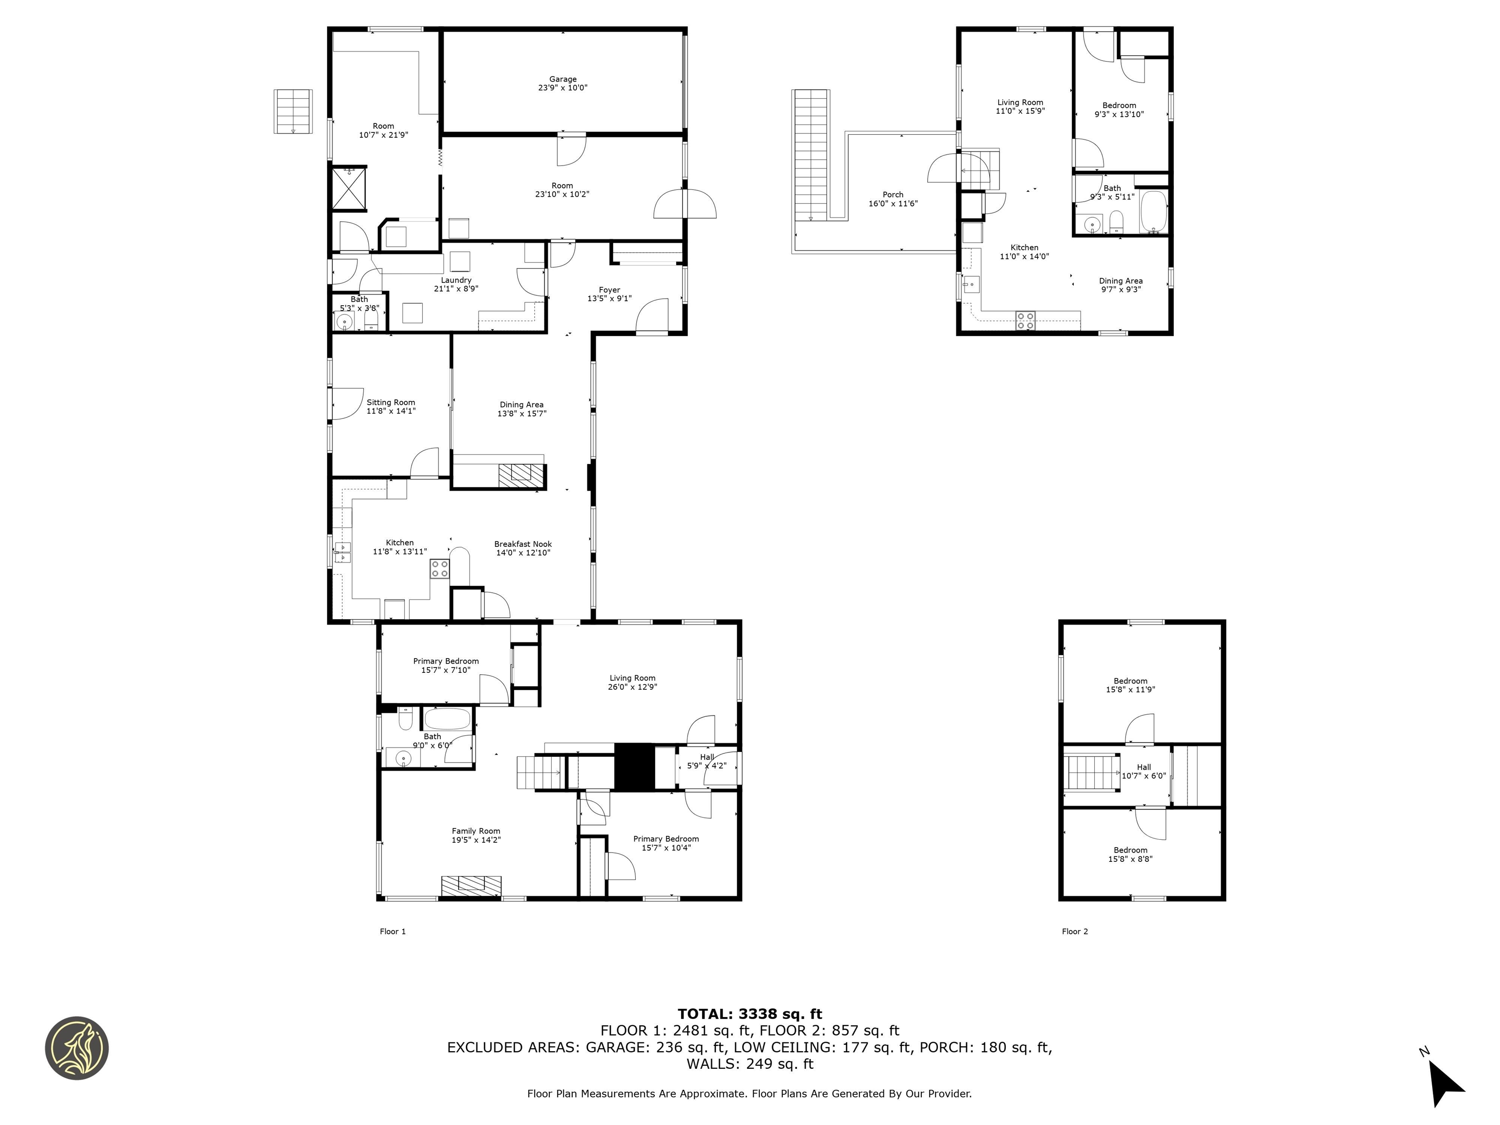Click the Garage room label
[x=563, y=79]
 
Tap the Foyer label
[x=610, y=290]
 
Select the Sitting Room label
[x=391, y=402]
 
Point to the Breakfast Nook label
[x=523, y=544]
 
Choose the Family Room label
[x=476, y=831]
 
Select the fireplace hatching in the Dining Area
[x=521, y=476]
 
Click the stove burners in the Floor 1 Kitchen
[x=439, y=569]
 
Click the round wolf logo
[x=77, y=1048]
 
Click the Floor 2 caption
[x=1075, y=932]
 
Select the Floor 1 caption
[x=393, y=932]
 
